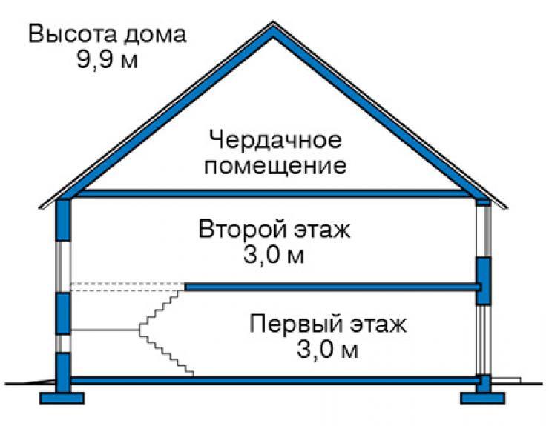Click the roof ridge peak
(x=273, y=22)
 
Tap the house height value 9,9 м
(x=108, y=59)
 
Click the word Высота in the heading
(x=72, y=34)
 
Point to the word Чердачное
(x=274, y=140)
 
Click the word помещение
(x=275, y=165)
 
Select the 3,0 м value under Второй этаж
(x=274, y=255)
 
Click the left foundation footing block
(x=62, y=398)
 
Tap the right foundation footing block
(x=483, y=398)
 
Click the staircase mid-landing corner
(x=140, y=330)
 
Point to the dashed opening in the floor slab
(x=128, y=287)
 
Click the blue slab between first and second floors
(x=332, y=287)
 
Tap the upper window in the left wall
(x=63, y=267)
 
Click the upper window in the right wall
(x=484, y=231)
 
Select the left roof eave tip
(x=39, y=208)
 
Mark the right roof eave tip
(x=507, y=208)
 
